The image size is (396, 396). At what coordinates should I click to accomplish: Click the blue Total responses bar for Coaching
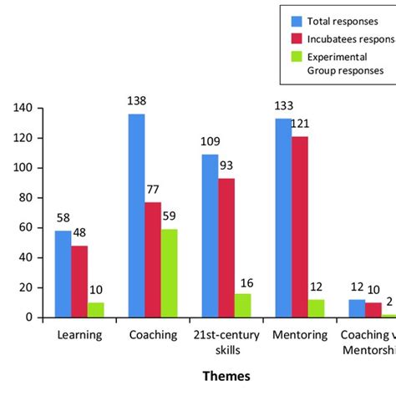(x=136, y=216)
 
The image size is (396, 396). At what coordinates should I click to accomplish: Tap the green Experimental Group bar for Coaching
(x=169, y=273)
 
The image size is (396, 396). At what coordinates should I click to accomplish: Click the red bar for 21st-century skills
(x=226, y=247)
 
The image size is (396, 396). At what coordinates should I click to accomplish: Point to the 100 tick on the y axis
(x=25, y=168)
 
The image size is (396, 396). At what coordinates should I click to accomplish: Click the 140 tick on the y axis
(x=25, y=108)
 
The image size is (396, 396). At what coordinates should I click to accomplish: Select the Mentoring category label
(x=299, y=335)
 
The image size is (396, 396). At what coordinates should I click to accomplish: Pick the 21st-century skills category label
(x=226, y=342)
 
